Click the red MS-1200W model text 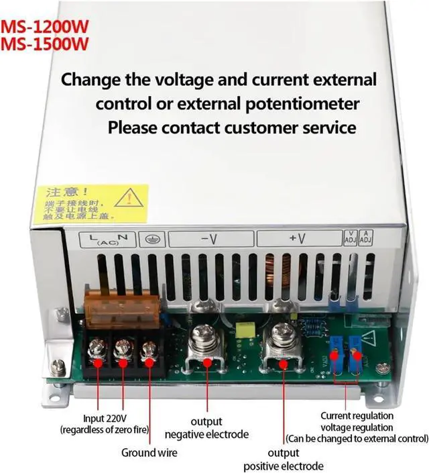click(x=46, y=29)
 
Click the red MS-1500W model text click(x=46, y=45)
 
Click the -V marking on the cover click(x=209, y=239)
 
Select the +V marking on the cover click(x=298, y=239)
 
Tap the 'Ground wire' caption click(x=149, y=453)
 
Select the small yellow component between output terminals click(x=243, y=328)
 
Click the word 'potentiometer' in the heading click(x=302, y=104)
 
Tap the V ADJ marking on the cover click(x=350, y=237)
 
